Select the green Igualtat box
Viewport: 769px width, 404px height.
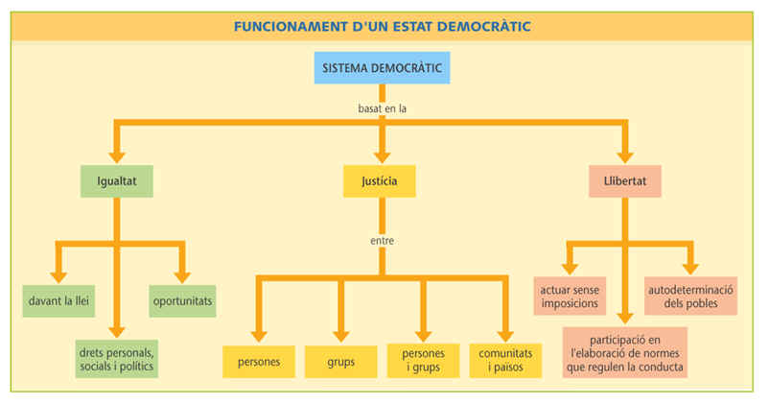point(117,180)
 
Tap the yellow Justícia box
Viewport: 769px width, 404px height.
point(380,180)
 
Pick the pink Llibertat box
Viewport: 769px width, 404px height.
point(625,180)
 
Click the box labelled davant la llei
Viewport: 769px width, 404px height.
point(60,300)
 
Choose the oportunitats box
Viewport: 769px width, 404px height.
point(182,300)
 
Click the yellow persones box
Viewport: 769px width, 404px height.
point(259,362)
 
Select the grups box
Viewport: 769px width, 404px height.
point(340,362)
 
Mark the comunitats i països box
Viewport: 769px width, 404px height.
point(504,361)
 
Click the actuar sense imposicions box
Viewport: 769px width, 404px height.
point(570,296)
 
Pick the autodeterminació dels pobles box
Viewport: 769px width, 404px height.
point(690,296)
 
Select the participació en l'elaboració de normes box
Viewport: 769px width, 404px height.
point(624,351)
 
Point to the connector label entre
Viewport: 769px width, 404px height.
point(381,241)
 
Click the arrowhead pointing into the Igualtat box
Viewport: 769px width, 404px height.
point(117,155)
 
